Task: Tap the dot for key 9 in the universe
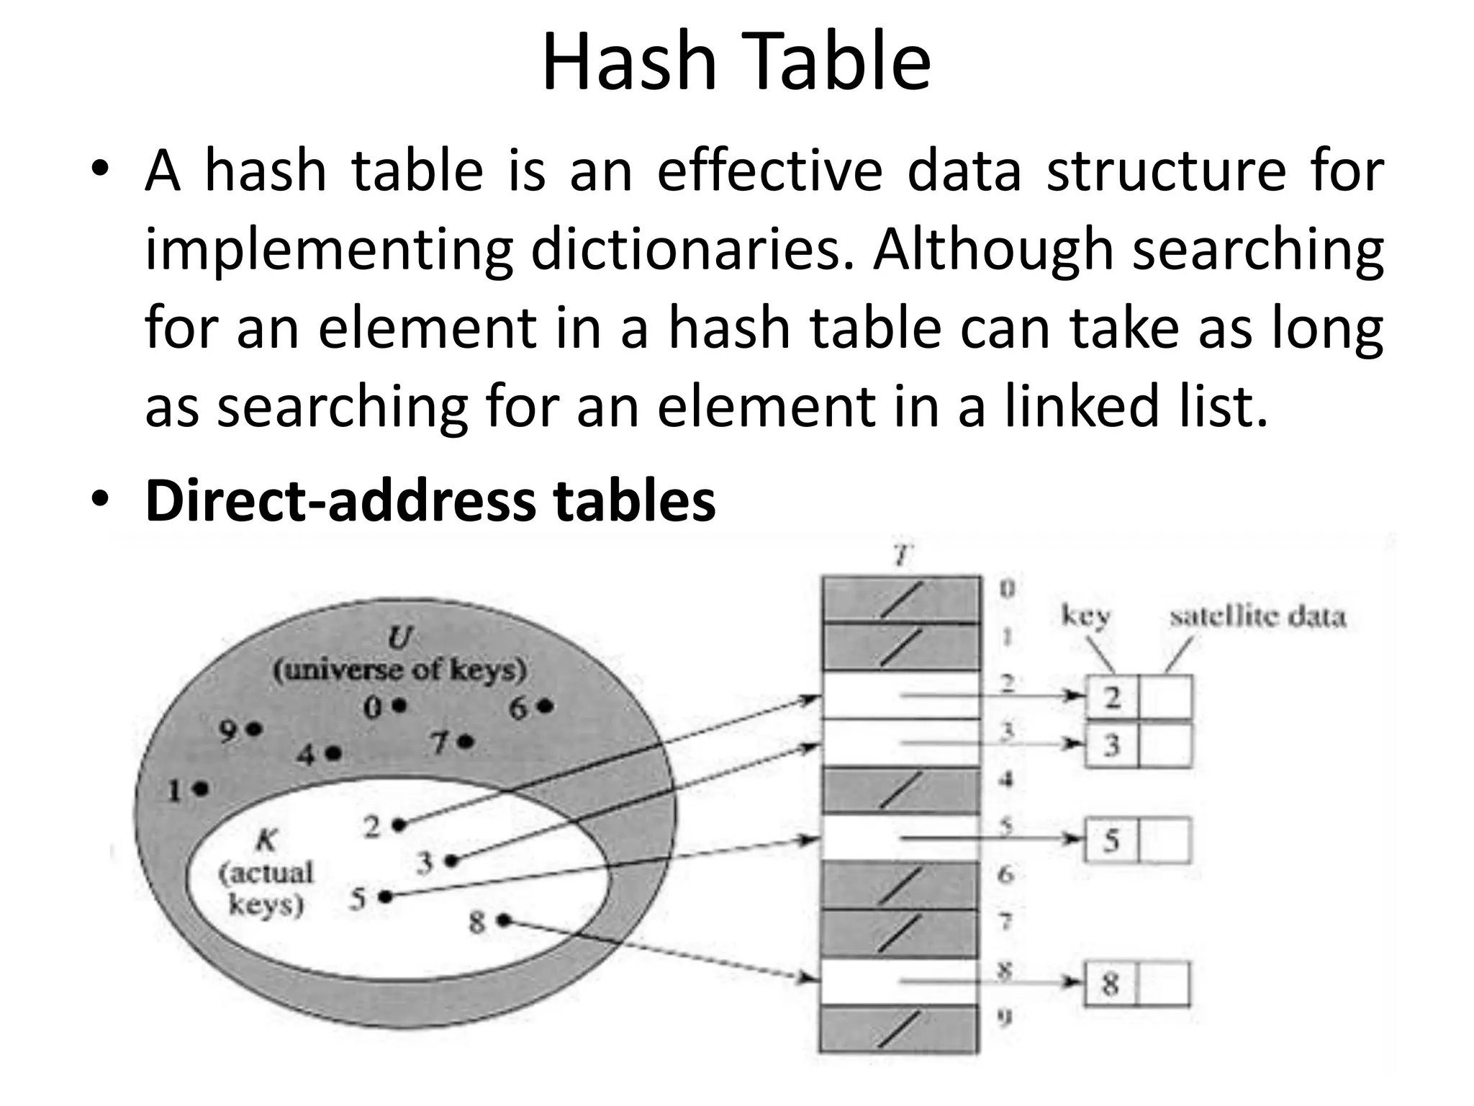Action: click(253, 729)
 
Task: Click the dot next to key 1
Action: click(201, 789)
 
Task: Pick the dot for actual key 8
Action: click(504, 920)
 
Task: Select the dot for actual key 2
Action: click(399, 825)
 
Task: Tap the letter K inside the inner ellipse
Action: click(266, 840)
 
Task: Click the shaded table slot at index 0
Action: click(901, 599)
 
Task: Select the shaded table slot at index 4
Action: click(901, 791)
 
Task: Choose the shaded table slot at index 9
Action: click(901, 1029)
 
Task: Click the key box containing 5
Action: click(1111, 840)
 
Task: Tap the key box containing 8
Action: click(1110, 984)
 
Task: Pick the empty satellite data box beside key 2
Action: click(1166, 697)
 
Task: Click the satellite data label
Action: click(1257, 617)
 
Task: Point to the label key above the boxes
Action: click(1086, 616)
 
